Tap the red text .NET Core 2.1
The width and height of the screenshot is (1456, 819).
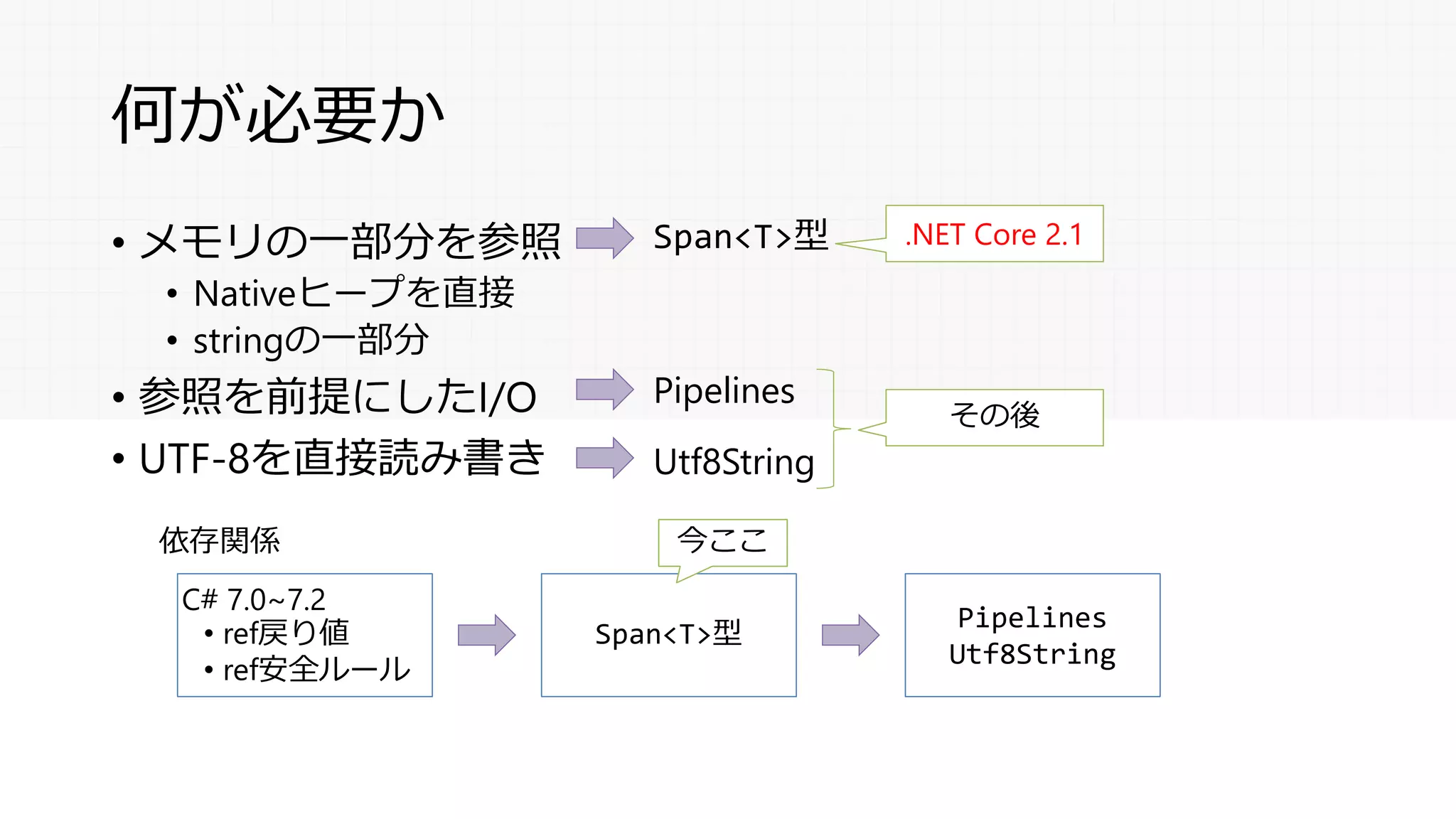[994, 234]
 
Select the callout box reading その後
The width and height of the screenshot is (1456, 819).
[994, 417]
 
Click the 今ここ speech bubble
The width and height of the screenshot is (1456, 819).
[722, 542]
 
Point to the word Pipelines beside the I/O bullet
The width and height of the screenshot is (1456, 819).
[724, 391]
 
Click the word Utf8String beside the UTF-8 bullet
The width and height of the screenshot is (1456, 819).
[734, 462]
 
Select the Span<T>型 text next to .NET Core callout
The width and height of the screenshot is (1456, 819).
[740, 236]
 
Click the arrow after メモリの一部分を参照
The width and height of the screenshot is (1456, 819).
[604, 237]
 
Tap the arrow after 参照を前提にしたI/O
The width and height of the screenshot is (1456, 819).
[604, 390]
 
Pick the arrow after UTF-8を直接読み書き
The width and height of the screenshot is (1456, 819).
[604, 458]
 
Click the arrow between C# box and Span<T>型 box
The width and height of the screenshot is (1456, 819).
[486, 635]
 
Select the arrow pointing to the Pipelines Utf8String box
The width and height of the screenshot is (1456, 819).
[850, 635]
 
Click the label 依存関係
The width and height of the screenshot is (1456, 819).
[219, 540]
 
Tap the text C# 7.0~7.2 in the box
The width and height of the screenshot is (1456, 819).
[253, 599]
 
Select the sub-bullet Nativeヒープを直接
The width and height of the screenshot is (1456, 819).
[353, 293]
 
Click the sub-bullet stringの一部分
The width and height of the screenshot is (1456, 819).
[311, 340]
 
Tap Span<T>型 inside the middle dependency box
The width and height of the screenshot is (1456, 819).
[668, 633]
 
